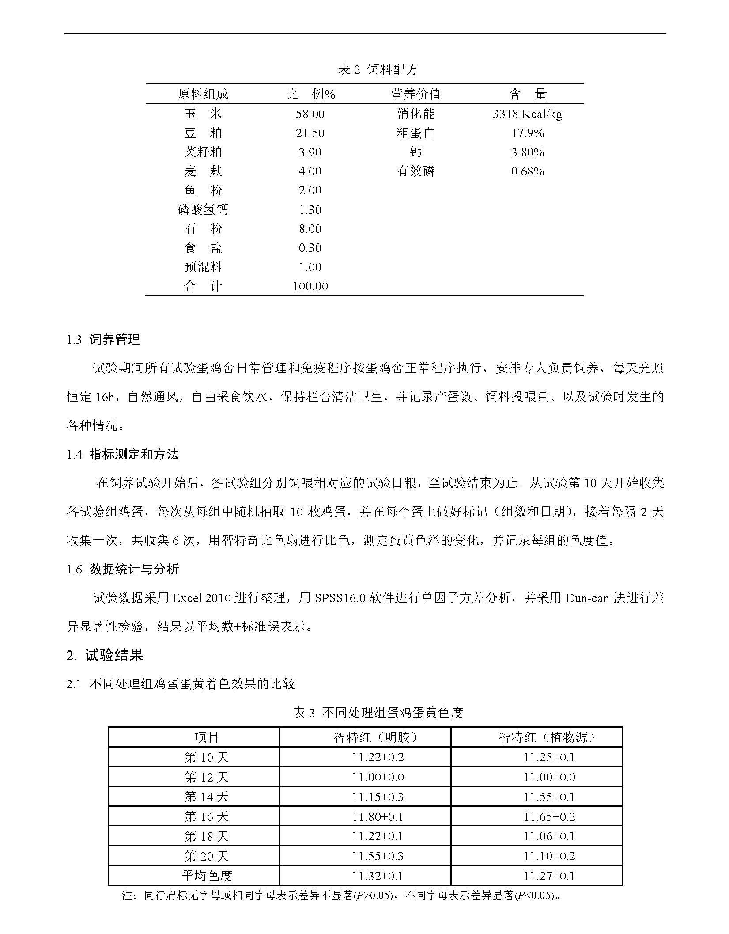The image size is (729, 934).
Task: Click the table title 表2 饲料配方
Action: (x=378, y=69)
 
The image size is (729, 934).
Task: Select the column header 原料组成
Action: (x=203, y=94)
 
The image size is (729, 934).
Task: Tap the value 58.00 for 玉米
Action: (x=310, y=114)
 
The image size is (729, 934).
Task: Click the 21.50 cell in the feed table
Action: (x=310, y=133)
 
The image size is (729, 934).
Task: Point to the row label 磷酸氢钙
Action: (x=203, y=209)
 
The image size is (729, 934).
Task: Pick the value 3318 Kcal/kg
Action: (x=527, y=114)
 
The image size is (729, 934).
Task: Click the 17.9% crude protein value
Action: (x=527, y=133)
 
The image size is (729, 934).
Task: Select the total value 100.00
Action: (x=310, y=286)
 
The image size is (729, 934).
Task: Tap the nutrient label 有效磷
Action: (x=415, y=171)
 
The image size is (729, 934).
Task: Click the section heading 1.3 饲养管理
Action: (x=103, y=339)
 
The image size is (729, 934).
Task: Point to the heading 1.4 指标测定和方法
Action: (x=123, y=454)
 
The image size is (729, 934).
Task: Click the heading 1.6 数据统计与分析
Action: (x=123, y=569)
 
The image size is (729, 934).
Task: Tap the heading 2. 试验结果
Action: (x=105, y=655)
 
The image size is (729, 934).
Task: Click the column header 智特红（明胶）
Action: (x=378, y=737)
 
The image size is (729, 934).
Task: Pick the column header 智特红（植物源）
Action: (x=549, y=737)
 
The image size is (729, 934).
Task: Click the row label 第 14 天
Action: (x=207, y=797)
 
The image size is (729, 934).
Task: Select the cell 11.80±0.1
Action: (x=378, y=816)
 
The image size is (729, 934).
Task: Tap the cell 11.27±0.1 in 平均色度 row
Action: (x=549, y=876)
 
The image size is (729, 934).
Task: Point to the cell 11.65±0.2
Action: (x=549, y=816)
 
